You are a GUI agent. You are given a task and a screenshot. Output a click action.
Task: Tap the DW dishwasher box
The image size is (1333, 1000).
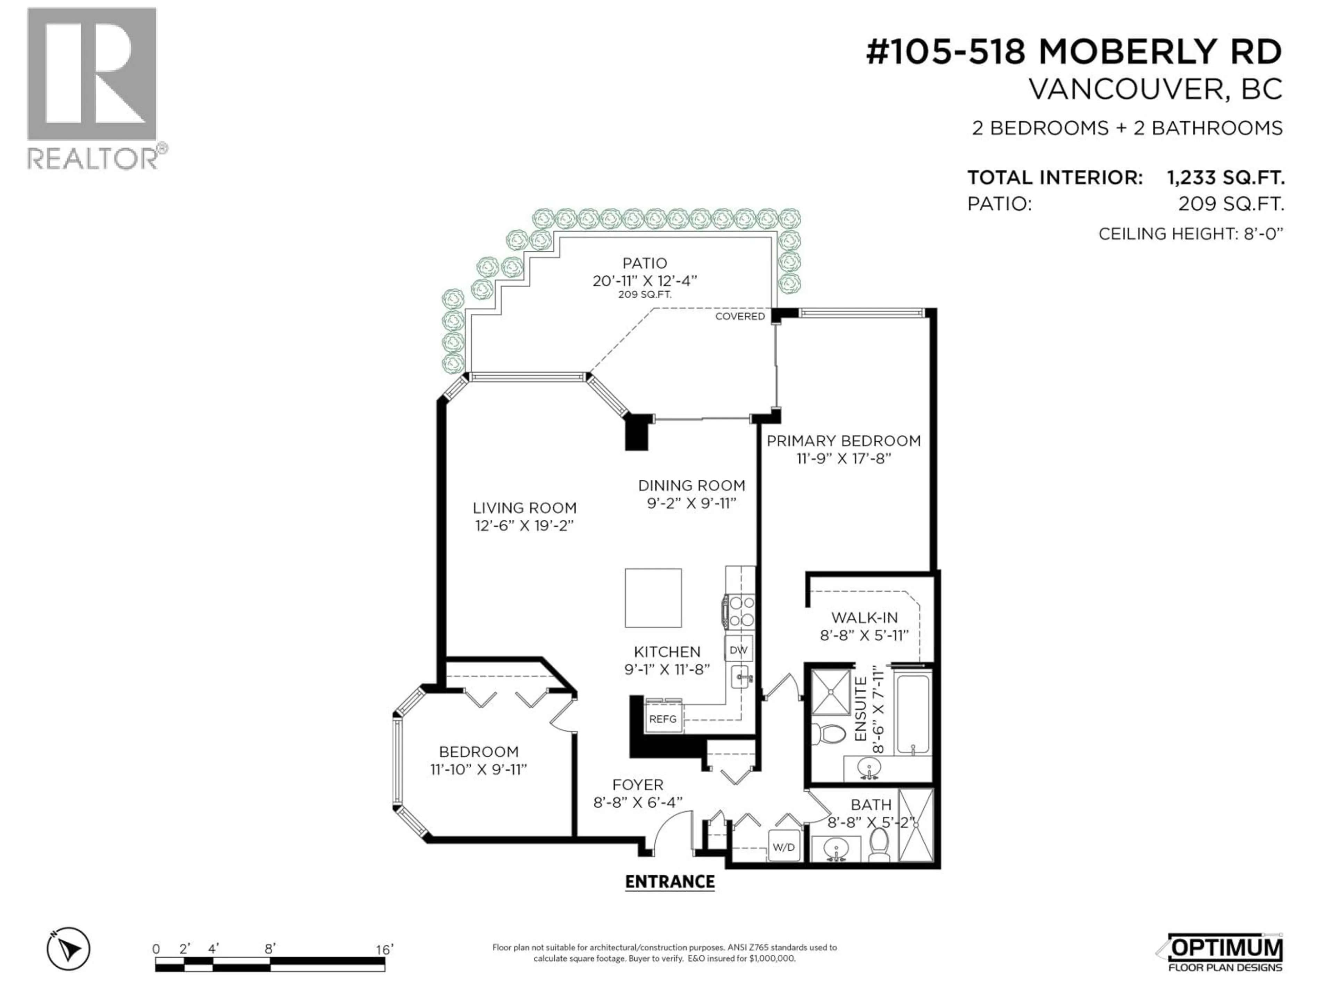(739, 650)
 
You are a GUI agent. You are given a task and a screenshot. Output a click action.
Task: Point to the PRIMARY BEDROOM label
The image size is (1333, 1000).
(843, 441)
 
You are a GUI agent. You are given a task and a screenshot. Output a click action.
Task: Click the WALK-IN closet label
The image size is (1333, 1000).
(864, 618)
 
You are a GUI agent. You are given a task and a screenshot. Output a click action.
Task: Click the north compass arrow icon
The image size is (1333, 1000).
(69, 949)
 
